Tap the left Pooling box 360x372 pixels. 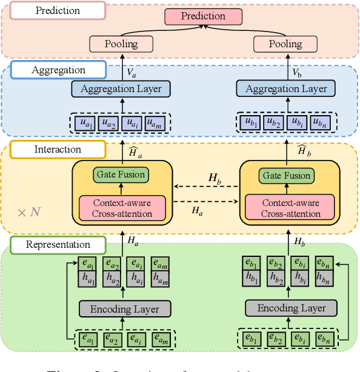point(122,44)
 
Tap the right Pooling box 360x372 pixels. point(285,44)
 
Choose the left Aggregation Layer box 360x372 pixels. point(121,88)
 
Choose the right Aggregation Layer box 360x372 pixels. point(286,88)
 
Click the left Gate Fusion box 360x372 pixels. point(121,174)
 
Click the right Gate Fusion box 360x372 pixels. point(287,175)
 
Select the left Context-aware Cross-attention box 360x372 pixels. point(122,208)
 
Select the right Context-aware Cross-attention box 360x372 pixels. point(290,208)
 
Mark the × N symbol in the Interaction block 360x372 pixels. point(28,212)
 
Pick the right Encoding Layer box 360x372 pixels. point(291,308)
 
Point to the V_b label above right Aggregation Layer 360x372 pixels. point(297,73)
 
